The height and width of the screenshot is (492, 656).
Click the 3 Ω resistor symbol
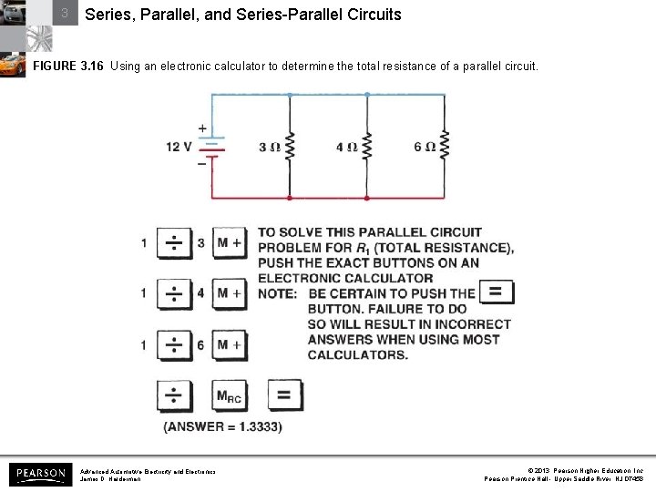point(290,146)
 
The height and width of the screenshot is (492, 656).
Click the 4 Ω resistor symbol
point(366,146)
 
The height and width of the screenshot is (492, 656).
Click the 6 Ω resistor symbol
point(445,146)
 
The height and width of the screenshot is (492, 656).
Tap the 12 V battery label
point(179,146)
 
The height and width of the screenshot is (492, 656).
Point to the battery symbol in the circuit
point(211,148)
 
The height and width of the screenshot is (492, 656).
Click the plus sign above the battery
point(201,128)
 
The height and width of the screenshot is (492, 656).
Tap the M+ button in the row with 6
point(229,344)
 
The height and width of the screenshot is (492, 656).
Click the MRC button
point(229,395)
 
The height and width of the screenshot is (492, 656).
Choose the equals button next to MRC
point(283,395)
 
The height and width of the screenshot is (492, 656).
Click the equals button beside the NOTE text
point(496,292)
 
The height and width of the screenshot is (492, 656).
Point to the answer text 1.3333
point(223,426)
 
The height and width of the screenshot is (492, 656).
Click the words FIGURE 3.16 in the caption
point(68,67)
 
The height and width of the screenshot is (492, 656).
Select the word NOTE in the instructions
point(277,293)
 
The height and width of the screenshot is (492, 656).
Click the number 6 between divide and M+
point(200,344)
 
